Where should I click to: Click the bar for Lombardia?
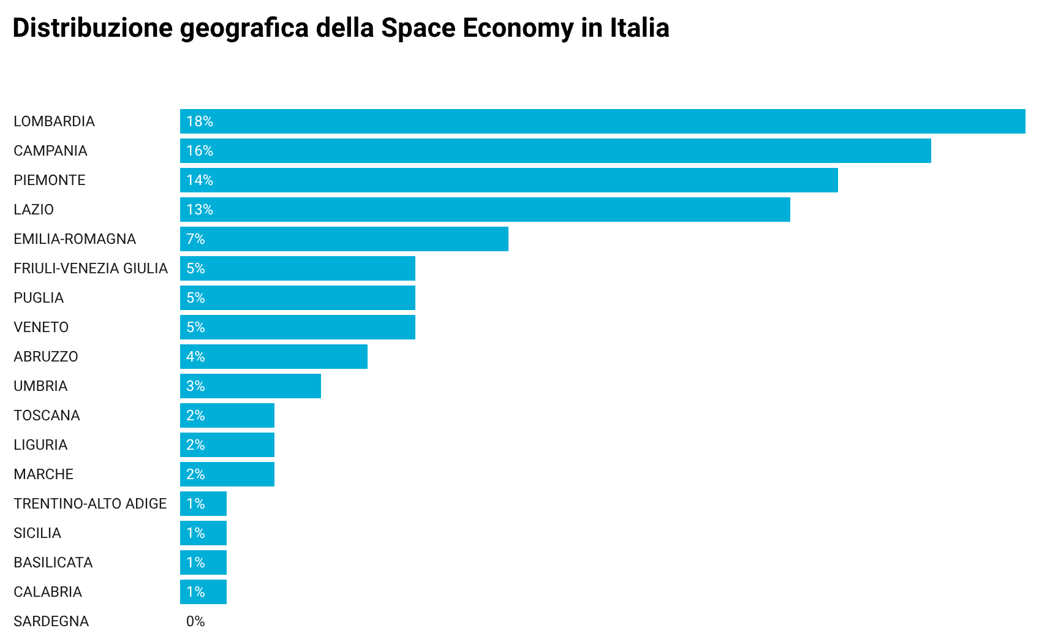(x=602, y=121)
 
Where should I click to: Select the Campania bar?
(x=555, y=151)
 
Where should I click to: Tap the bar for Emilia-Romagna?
(x=344, y=239)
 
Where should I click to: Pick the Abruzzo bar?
(x=273, y=357)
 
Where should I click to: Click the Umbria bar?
(x=250, y=386)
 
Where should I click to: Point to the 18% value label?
(x=200, y=121)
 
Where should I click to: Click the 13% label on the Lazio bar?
(x=200, y=210)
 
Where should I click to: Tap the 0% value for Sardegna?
(x=195, y=621)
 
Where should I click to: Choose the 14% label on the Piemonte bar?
(x=200, y=180)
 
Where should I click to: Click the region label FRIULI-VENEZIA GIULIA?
(x=91, y=268)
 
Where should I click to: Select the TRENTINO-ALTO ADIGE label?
(x=90, y=504)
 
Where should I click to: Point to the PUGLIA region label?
(x=39, y=298)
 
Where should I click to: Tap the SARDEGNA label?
(x=51, y=621)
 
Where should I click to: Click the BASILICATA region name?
(x=53, y=562)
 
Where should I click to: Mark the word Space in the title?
(x=418, y=28)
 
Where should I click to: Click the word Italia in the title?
(x=639, y=28)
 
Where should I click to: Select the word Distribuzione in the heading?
(x=93, y=28)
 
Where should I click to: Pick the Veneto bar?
(x=297, y=327)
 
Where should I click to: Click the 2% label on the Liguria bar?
(x=195, y=445)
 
